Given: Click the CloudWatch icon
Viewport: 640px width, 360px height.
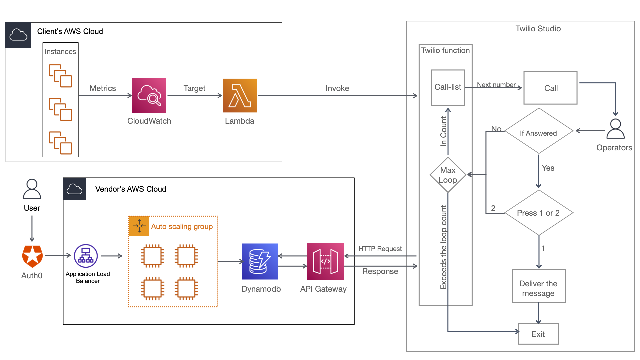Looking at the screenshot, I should [x=149, y=95].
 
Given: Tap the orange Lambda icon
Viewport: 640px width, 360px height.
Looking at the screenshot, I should [x=240, y=95].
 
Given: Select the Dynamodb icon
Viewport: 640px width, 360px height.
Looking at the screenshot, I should [x=260, y=261].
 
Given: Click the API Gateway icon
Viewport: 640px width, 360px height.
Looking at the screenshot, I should [x=325, y=261].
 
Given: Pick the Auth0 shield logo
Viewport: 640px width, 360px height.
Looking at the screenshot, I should [x=32, y=256].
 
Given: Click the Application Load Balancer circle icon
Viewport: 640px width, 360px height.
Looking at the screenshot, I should [x=86, y=256].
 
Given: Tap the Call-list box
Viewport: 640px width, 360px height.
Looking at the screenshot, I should [x=448, y=88].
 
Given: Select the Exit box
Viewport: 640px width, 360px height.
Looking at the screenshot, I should [x=538, y=334].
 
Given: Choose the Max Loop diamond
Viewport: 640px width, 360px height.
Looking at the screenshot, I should [x=448, y=175].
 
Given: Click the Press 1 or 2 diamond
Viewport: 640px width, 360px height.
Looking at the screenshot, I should [x=538, y=213].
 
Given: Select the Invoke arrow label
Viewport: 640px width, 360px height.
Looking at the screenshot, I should [x=337, y=88].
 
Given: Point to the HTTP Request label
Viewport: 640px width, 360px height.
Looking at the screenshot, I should [x=380, y=249].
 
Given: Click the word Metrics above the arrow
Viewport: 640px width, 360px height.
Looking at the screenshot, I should [x=103, y=88].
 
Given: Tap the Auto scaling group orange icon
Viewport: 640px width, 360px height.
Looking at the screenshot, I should [x=139, y=226].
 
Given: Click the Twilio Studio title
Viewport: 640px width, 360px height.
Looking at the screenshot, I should [x=538, y=29].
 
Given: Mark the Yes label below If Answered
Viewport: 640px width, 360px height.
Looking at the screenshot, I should [x=548, y=168].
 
